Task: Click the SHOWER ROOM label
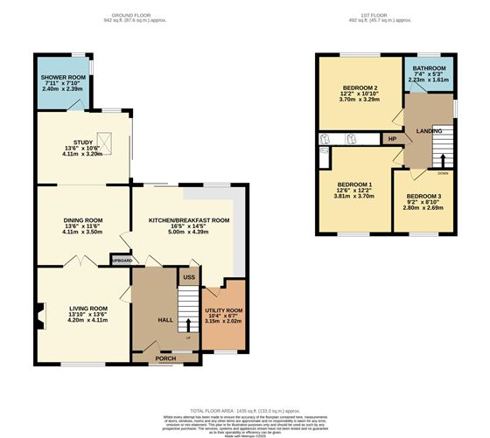tap(62, 78)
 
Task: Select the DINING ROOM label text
tap(83, 220)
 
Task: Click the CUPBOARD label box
tap(122, 261)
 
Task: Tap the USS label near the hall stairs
tap(188, 277)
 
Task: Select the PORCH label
tap(164, 358)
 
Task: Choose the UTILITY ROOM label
tap(223, 310)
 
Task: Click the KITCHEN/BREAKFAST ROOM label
tap(188, 220)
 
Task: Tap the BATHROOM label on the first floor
tap(429, 68)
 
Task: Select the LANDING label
tap(429, 131)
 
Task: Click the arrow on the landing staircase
tap(442, 159)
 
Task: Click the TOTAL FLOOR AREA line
tap(244, 410)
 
